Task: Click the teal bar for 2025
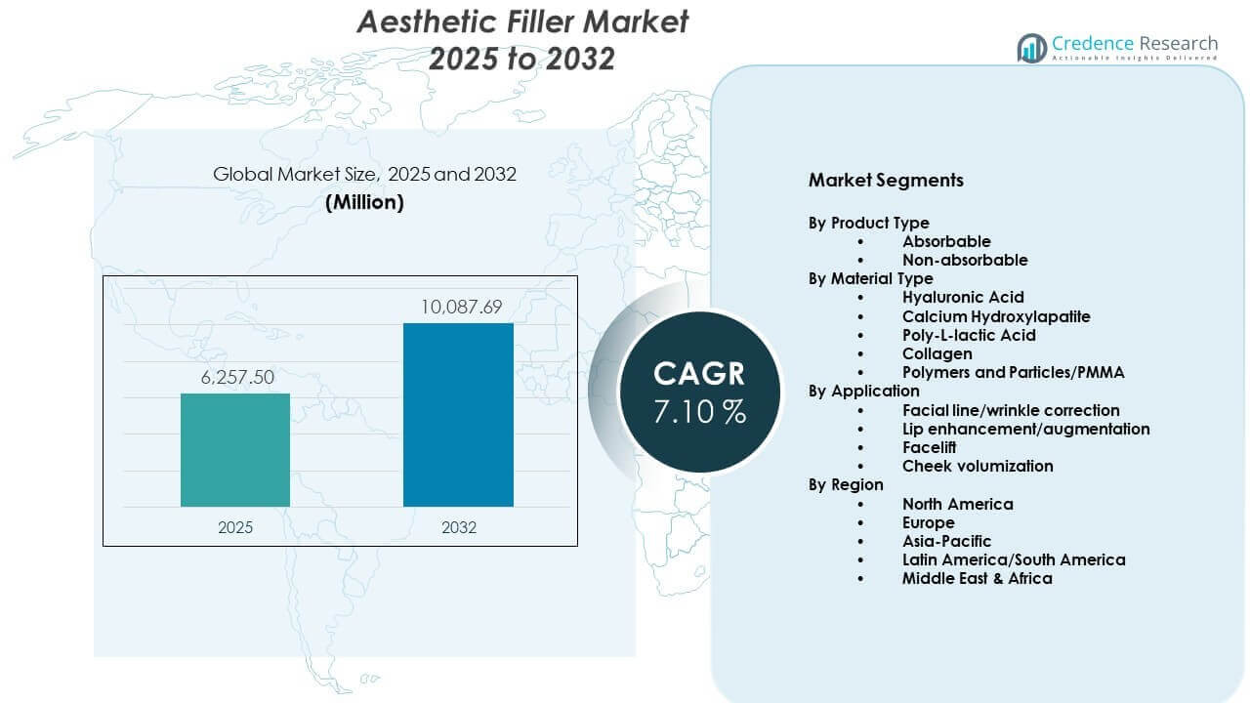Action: click(235, 450)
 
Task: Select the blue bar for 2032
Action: click(458, 415)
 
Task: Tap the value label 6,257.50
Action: click(235, 378)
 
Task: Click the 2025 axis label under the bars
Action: click(235, 527)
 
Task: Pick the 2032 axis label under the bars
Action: click(458, 527)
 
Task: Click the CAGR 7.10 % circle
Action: click(699, 392)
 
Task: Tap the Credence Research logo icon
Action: click(1031, 48)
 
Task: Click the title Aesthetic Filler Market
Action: click(522, 21)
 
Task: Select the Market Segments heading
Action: click(886, 180)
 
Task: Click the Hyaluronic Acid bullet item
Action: click(963, 297)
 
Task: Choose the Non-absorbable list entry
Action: click(965, 260)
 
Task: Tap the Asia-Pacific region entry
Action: click(946, 541)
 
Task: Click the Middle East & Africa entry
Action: click(977, 578)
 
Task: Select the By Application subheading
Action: click(863, 391)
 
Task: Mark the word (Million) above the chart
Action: click(364, 202)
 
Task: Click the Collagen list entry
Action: click(937, 353)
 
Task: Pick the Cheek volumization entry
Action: click(978, 466)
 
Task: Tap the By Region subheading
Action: click(846, 484)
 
